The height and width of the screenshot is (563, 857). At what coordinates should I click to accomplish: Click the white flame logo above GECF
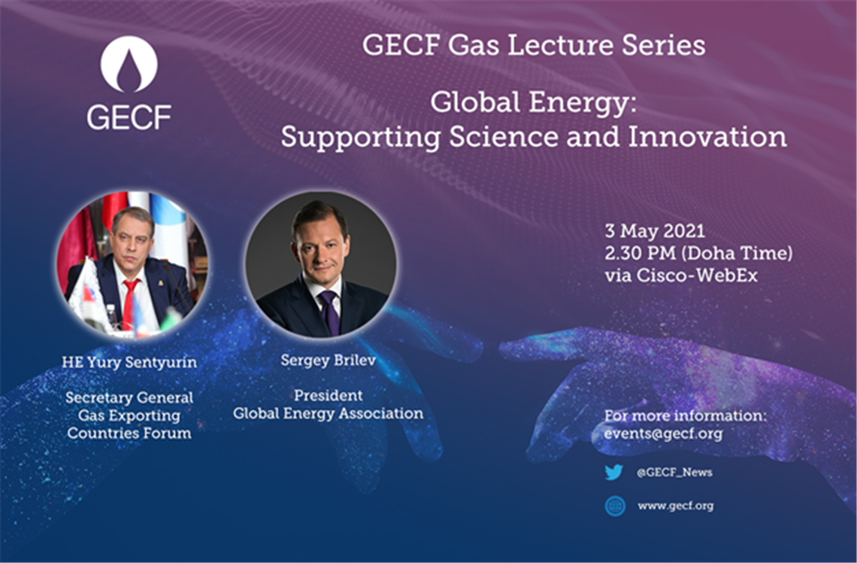pyautogui.click(x=129, y=64)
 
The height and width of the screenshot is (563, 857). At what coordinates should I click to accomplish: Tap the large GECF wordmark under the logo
pyautogui.click(x=129, y=117)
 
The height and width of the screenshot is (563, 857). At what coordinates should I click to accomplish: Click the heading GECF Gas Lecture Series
pyautogui.click(x=534, y=45)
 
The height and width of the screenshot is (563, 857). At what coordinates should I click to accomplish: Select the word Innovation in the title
pyautogui.click(x=707, y=136)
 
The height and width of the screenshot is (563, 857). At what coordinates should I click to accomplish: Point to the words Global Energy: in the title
pyautogui.click(x=534, y=102)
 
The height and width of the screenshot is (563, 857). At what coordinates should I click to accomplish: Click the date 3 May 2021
pyautogui.click(x=655, y=231)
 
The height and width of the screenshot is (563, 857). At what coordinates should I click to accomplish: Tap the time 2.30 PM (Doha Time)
pyautogui.click(x=698, y=253)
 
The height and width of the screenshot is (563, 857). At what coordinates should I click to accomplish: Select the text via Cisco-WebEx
pyautogui.click(x=681, y=275)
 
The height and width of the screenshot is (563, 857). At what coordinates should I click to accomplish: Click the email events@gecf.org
pyautogui.click(x=663, y=434)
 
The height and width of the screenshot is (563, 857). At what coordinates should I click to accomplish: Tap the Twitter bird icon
pyautogui.click(x=614, y=472)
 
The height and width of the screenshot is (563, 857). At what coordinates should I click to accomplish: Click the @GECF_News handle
pyautogui.click(x=674, y=472)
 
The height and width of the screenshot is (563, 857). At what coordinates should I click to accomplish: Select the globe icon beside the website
pyautogui.click(x=615, y=506)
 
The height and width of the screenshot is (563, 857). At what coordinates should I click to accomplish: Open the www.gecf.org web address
pyautogui.click(x=676, y=506)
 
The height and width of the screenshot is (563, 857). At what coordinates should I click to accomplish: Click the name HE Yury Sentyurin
pyautogui.click(x=129, y=362)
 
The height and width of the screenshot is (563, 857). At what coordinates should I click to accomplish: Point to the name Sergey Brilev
pyautogui.click(x=328, y=361)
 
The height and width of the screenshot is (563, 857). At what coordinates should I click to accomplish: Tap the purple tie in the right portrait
pyautogui.click(x=329, y=312)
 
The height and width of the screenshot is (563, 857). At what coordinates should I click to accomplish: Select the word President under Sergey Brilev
pyautogui.click(x=328, y=395)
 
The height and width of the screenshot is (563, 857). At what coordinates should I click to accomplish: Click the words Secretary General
pyautogui.click(x=129, y=397)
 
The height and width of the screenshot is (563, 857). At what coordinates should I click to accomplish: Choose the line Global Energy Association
pyautogui.click(x=328, y=414)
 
